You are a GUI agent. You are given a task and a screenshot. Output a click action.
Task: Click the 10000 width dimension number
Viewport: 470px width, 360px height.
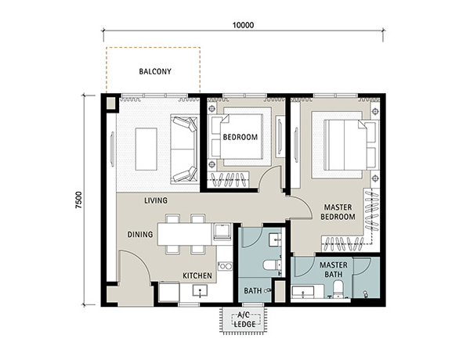pyautogui.click(x=243, y=25)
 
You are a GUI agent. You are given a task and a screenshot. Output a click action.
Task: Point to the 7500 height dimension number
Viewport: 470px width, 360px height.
pyautogui.click(x=78, y=200)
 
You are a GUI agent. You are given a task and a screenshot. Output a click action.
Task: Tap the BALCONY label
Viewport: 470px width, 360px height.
pyautogui.click(x=155, y=71)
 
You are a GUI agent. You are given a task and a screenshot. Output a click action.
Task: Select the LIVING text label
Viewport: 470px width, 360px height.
pyautogui.click(x=156, y=200)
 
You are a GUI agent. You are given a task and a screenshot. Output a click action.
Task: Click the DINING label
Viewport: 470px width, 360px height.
pyautogui.click(x=140, y=234)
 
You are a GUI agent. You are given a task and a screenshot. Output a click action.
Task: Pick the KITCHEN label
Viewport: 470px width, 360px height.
pyautogui.click(x=197, y=275)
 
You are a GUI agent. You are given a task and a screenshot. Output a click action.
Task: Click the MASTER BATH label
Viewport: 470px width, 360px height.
pyautogui.click(x=334, y=269)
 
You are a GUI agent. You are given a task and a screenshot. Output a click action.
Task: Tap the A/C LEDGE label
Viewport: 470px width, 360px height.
pyautogui.click(x=244, y=319)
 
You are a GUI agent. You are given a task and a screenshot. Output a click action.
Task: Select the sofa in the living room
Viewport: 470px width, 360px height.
pyautogui.click(x=184, y=149)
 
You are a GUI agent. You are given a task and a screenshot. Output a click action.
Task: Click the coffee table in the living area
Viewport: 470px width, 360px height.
pyautogui.click(x=146, y=149)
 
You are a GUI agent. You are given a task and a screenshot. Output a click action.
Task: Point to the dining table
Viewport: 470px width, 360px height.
pyautogui.click(x=185, y=234)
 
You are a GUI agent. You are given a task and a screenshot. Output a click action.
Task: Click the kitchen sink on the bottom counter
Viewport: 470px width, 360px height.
pyautogui.click(x=200, y=290)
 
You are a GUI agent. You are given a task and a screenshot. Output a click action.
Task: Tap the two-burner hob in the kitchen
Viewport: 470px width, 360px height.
pyautogui.click(x=225, y=266)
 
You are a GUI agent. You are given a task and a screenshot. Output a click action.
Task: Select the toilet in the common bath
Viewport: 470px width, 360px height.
pyautogui.click(x=272, y=265)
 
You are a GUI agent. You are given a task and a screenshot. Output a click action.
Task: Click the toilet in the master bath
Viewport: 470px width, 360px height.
pyautogui.click(x=338, y=290)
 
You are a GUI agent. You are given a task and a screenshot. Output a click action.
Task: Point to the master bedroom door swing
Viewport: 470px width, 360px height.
pyautogui.click(x=302, y=207)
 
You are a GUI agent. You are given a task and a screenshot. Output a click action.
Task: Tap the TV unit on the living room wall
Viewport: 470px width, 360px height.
pyautogui.click(x=112, y=149)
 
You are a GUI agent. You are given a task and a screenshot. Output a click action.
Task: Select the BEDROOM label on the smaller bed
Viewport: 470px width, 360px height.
pyautogui.click(x=240, y=137)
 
